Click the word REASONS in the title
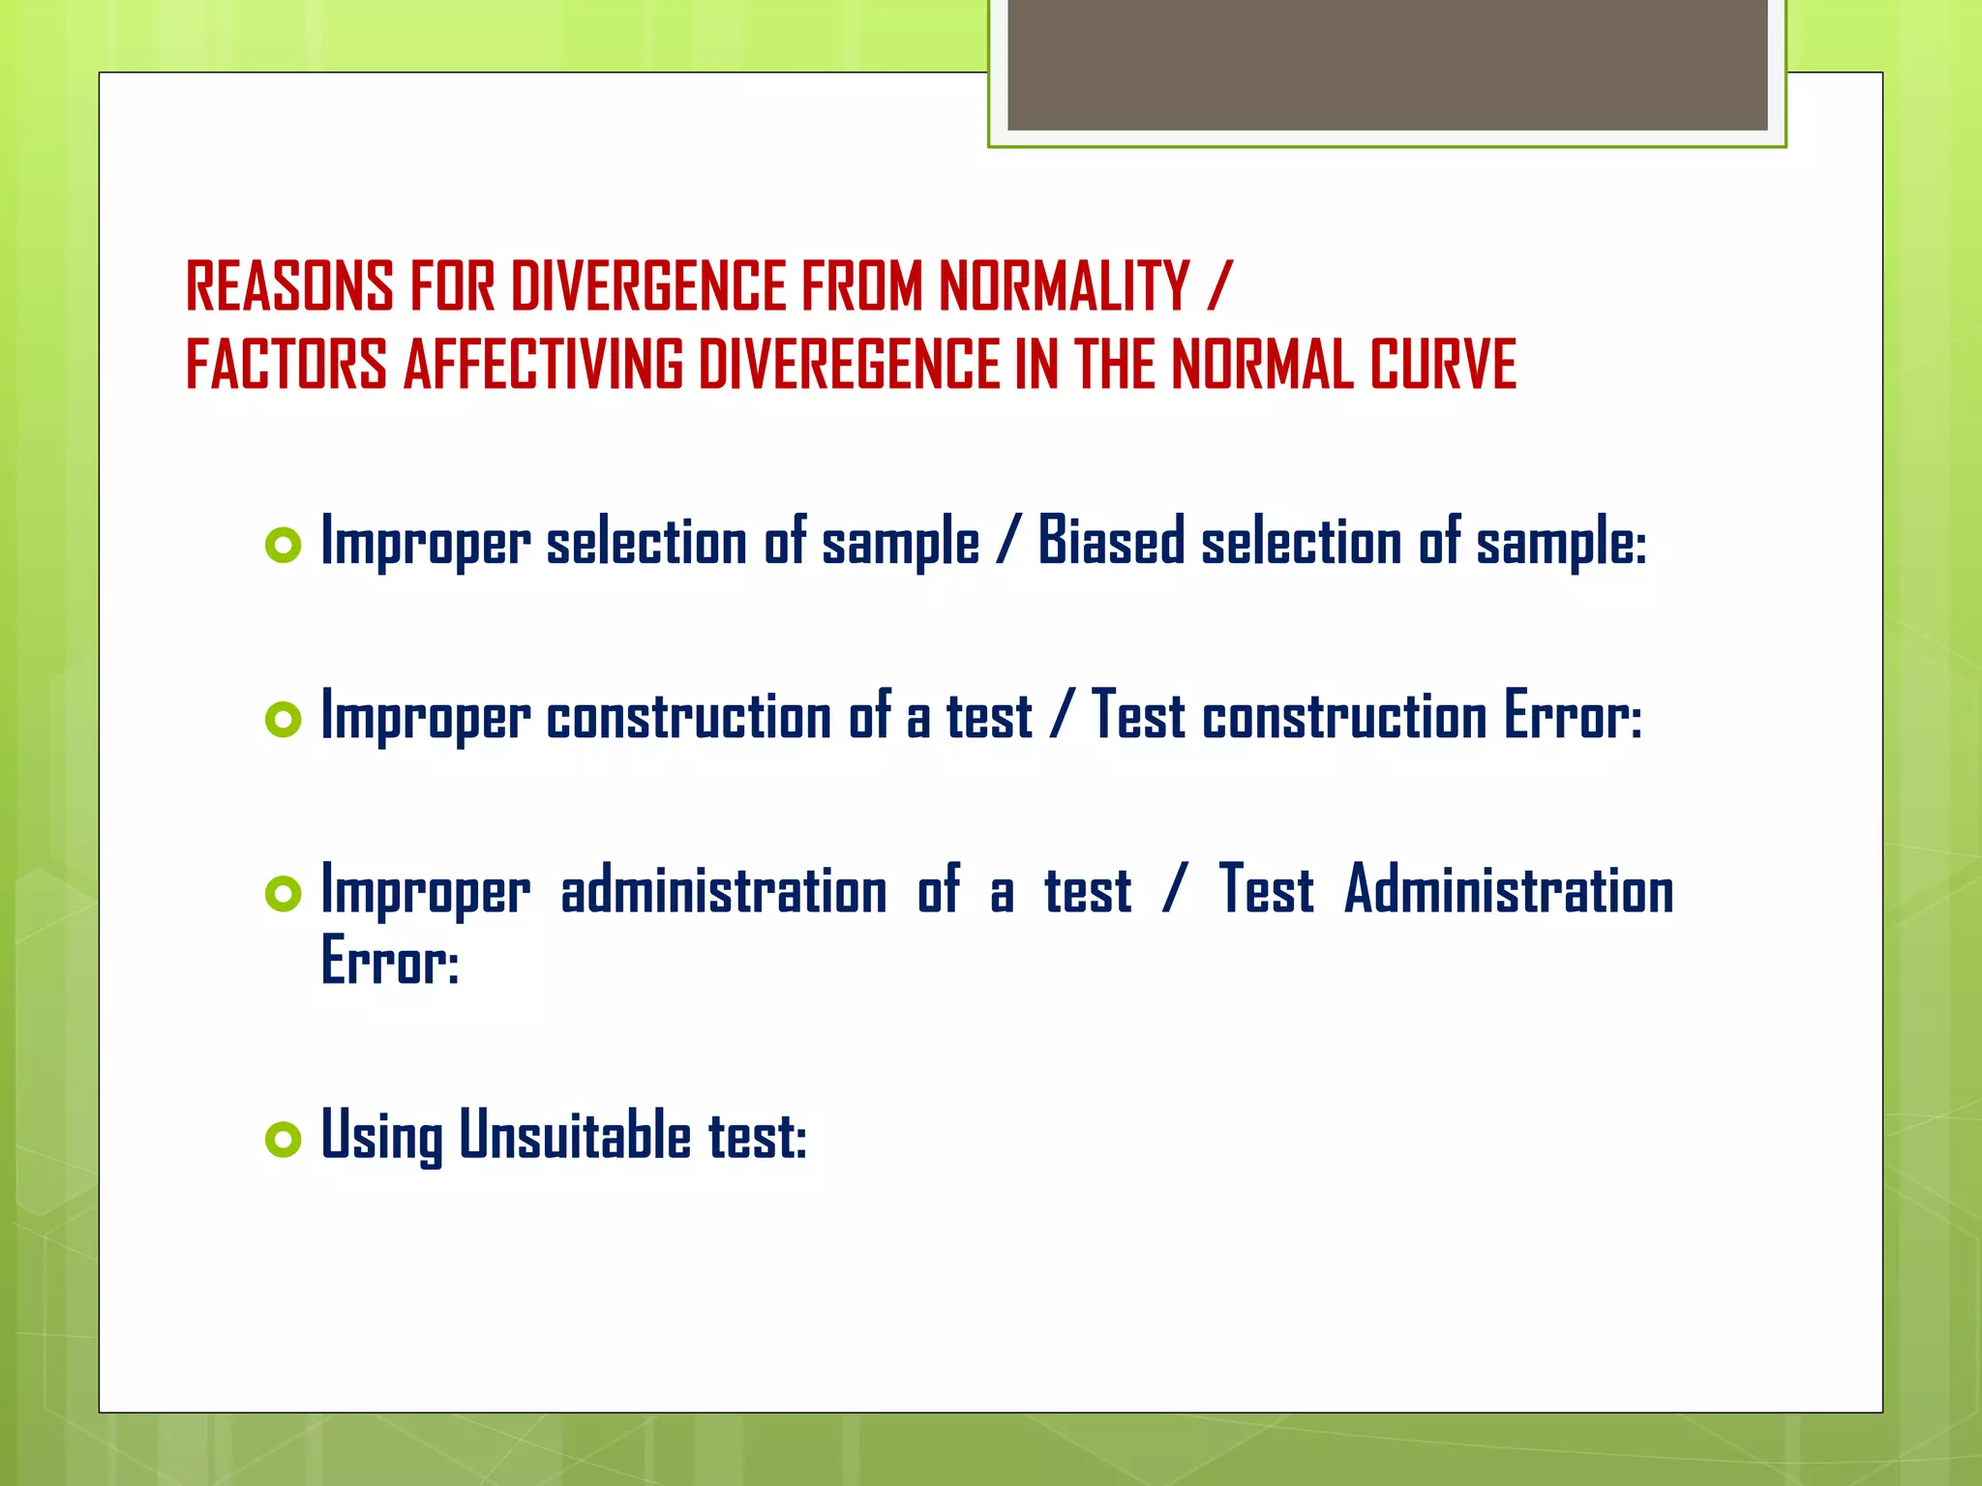[x=289, y=287]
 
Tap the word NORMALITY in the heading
[x=1064, y=287]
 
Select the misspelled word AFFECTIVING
[x=543, y=366]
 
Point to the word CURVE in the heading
[x=1442, y=366]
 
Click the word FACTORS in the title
[x=286, y=366]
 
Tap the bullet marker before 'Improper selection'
[x=283, y=546]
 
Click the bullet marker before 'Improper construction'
[x=283, y=720]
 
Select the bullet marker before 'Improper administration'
[x=283, y=894]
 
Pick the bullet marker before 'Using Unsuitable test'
[x=283, y=1140]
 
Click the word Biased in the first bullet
[x=1111, y=542]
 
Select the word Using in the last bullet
[x=381, y=1137]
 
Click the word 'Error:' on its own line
[x=389, y=962]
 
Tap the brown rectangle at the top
[x=1387, y=64]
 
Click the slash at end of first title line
[x=1219, y=287]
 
